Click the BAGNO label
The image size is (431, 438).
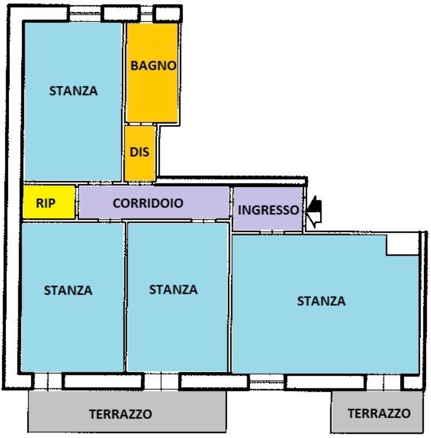(153, 66)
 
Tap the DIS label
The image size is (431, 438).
(140, 152)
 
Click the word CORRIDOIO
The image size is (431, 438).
(148, 203)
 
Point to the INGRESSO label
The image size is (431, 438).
(268, 210)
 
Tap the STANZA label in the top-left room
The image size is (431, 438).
(73, 91)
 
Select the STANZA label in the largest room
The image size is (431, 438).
(321, 301)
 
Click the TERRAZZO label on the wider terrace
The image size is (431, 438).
(120, 414)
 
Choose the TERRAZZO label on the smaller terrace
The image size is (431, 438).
(379, 413)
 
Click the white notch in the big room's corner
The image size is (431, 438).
(402, 244)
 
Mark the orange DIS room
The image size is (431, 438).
(140, 167)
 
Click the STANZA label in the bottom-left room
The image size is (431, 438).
(68, 290)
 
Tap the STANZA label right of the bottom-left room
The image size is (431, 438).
(173, 290)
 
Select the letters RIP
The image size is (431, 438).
(46, 203)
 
